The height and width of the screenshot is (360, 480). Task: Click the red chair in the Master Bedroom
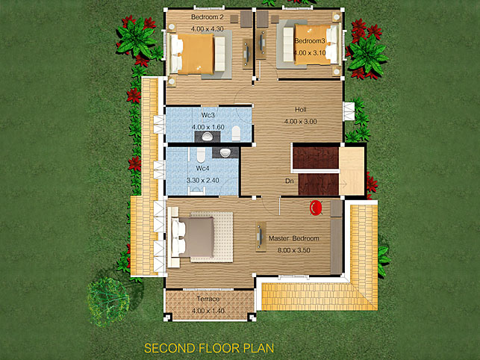(316, 208)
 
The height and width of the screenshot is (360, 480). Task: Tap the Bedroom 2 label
(208, 17)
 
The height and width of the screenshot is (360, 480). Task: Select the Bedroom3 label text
(310, 41)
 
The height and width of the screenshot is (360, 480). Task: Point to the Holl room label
(301, 109)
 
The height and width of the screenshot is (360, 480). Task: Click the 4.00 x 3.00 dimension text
(300, 122)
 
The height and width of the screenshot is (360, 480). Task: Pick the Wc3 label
(208, 115)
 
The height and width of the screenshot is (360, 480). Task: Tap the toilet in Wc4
(201, 155)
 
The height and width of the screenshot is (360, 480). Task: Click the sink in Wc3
(208, 137)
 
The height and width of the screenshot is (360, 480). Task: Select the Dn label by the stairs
(290, 181)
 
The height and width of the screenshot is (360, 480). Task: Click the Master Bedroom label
(293, 238)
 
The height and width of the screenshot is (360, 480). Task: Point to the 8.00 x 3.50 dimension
(294, 250)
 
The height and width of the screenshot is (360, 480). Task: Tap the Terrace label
(208, 299)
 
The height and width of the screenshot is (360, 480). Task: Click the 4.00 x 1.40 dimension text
(208, 311)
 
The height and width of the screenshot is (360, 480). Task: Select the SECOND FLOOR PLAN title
(209, 348)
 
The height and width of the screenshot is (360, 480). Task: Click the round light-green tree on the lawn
(107, 302)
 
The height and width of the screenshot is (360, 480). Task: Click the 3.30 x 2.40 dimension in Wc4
(202, 181)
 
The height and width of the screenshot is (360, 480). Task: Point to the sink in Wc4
(225, 152)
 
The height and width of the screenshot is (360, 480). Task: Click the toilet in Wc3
(236, 133)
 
